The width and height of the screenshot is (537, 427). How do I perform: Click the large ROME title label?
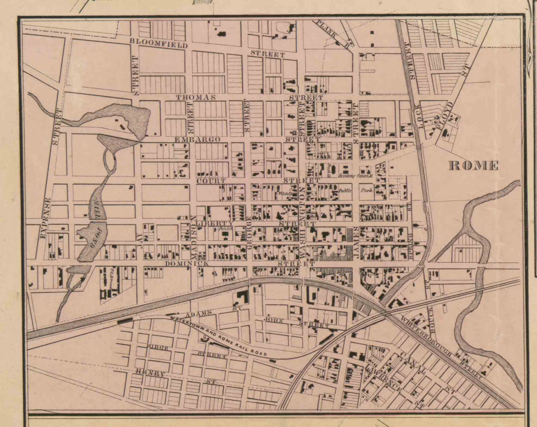(473, 165)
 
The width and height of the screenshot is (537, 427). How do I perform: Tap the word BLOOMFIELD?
(158, 43)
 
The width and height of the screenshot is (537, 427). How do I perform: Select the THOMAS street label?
(196, 97)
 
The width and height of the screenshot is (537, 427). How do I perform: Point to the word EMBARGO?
(197, 139)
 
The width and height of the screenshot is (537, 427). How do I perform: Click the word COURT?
(211, 181)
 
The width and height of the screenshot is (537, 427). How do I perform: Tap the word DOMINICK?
(187, 264)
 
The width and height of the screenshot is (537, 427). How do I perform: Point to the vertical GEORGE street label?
(250, 233)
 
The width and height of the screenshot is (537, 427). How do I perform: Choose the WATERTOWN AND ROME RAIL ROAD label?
(218, 335)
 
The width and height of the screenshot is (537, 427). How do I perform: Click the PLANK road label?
(327, 30)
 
